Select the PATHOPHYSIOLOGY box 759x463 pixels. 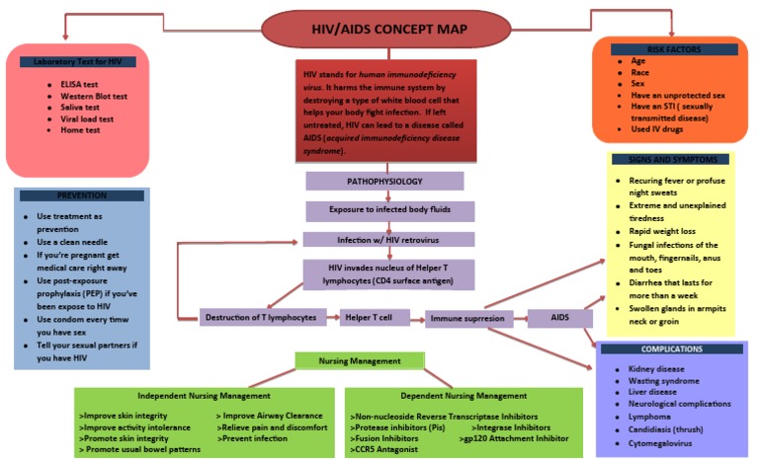pos(383,182)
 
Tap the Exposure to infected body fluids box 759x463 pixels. pos(388,210)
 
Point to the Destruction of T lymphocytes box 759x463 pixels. pos(260,317)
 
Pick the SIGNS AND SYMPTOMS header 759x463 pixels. pos(671,159)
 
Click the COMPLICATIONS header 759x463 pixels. pos(671,348)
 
